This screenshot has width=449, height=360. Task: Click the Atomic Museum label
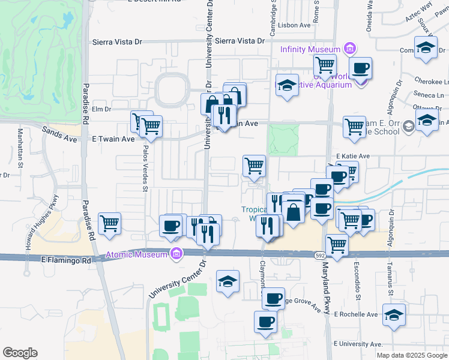137,254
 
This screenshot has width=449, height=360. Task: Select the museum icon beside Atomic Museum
176,254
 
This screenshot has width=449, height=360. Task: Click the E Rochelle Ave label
356,314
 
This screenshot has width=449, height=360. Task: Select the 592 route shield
321,256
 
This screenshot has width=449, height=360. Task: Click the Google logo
20,353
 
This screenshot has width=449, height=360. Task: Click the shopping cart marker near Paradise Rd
110,224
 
